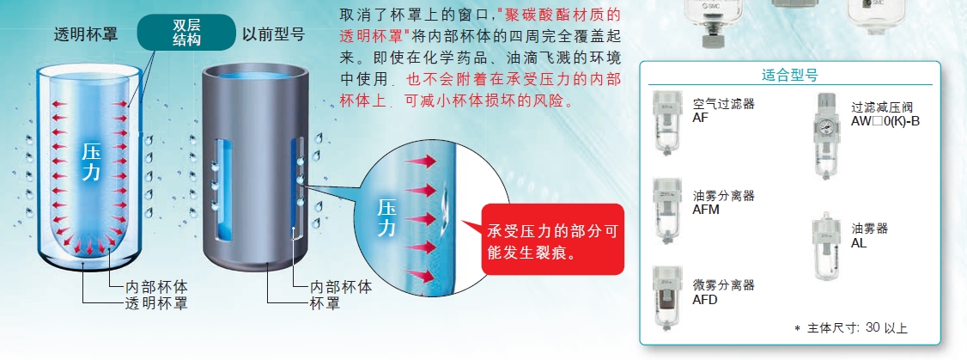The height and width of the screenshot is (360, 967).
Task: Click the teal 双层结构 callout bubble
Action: pos(186,32)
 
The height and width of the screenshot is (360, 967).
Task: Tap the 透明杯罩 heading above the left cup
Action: pos(85,34)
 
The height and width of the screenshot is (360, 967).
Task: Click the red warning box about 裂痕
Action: pos(552,240)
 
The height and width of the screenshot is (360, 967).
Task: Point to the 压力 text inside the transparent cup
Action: pos(91,162)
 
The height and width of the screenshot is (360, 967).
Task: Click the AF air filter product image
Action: pos(668,121)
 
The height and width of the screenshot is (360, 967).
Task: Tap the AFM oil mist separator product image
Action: pos(668,210)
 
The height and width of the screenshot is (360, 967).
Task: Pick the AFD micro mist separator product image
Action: pos(668,298)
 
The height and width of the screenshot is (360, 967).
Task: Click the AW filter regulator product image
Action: pos(827,137)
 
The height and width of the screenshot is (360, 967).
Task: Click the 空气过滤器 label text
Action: pos(724,104)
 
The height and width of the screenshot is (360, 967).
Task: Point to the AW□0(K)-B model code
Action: pos(885,121)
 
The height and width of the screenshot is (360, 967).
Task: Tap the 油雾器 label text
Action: pos(870,229)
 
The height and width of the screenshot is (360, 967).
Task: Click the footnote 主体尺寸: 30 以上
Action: pos(851,328)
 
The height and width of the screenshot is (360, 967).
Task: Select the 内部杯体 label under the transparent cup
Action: pos(156,287)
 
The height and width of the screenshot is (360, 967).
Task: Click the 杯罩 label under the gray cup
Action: pos(324,303)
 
